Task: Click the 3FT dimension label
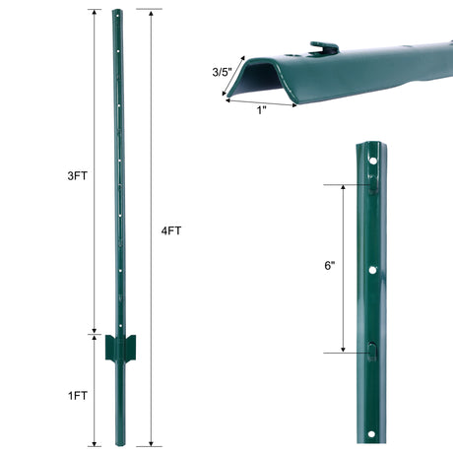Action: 75,175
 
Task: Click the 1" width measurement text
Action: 261,109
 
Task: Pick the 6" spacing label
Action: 329,267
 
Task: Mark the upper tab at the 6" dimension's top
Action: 375,183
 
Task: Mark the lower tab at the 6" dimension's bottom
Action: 375,351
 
